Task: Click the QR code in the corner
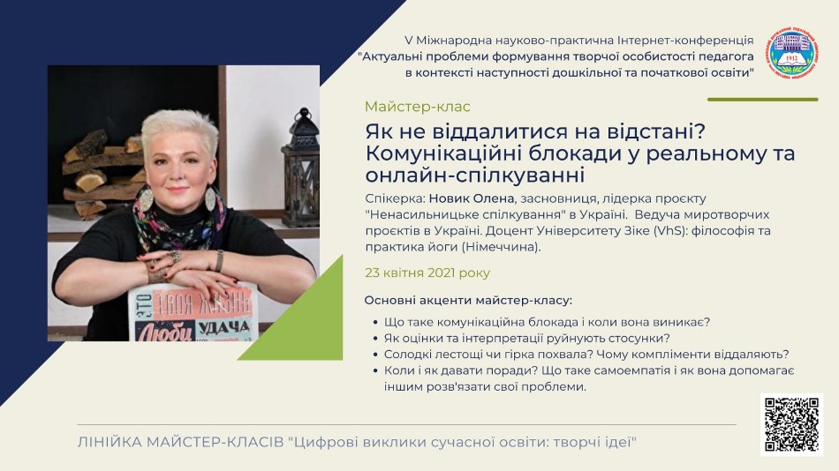(791, 424)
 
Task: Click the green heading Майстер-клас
(418, 107)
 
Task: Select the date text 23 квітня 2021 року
(427, 273)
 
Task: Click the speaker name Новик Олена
(472, 198)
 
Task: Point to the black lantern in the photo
(300, 168)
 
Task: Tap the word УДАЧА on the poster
(224, 326)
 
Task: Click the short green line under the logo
(762, 100)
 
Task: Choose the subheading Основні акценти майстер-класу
(468, 300)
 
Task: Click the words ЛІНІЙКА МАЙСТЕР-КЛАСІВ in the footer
(180, 442)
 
